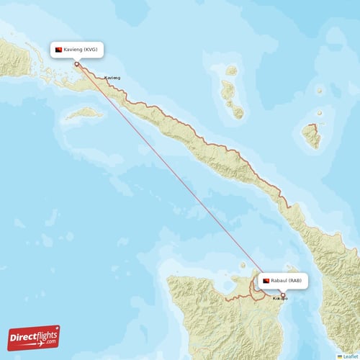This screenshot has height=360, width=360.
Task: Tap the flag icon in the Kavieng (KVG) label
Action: click(58, 50)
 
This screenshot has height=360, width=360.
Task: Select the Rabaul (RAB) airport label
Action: click(284, 279)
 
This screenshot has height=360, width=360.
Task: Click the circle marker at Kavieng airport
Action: click(77, 63)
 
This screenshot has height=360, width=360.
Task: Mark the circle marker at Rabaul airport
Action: click(283, 294)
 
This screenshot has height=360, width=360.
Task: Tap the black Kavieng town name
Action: click(112, 77)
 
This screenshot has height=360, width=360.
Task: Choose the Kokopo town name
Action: click(279, 298)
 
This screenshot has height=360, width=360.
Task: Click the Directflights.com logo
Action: click(33, 337)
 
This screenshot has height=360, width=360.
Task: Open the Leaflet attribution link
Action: click(351, 356)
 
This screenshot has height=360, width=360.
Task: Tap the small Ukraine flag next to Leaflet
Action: click(340, 356)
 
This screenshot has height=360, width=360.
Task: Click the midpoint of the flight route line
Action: click(180, 179)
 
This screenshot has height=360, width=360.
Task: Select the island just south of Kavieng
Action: click(85, 113)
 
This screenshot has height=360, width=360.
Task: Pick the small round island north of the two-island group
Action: click(231, 71)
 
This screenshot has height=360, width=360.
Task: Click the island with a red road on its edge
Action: click(311, 135)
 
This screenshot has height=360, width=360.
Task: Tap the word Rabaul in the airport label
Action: click(283, 279)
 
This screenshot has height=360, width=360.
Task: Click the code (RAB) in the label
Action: click(297, 279)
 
